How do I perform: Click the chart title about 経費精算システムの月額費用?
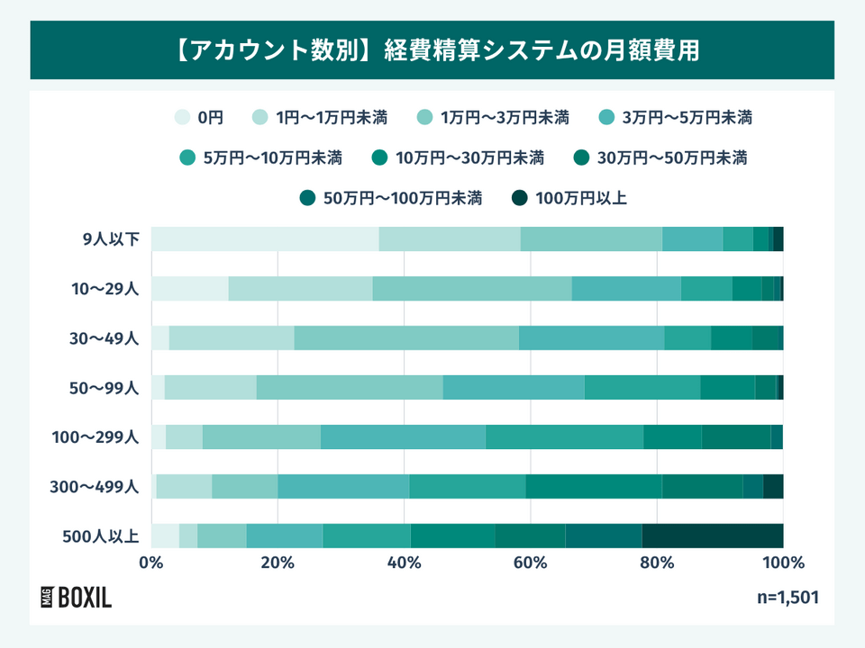[432, 49]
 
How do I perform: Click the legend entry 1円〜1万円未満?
[321, 117]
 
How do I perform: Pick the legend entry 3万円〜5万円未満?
[676, 117]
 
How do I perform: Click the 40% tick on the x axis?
[404, 563]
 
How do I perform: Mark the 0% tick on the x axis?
[151, 563]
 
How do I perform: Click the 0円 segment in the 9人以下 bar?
[265, 238]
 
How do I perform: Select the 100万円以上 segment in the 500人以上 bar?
[712, 535]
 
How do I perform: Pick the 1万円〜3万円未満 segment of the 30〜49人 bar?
[406, 337]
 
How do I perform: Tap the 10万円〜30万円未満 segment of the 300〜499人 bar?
[594, 486]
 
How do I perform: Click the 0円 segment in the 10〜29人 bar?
[189, 288]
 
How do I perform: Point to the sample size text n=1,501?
[788, 598]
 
